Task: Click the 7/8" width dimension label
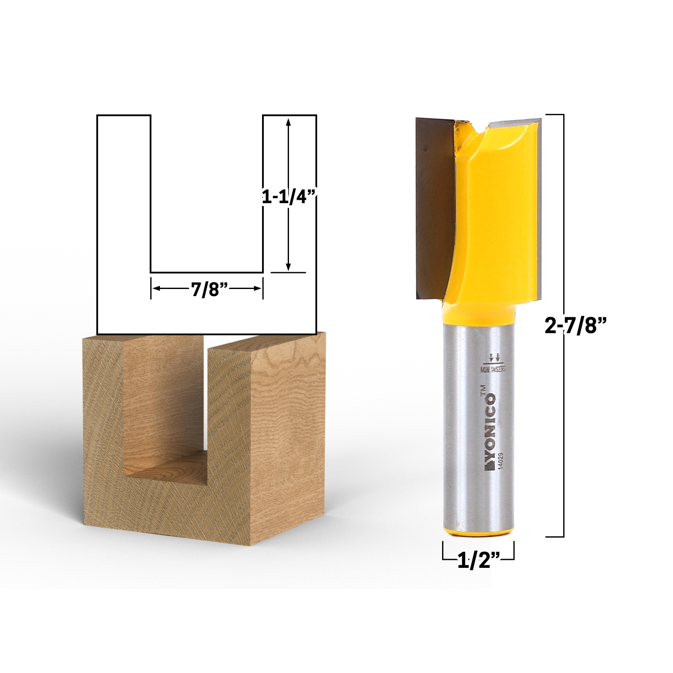point(209,290)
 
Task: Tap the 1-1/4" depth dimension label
point(289,196)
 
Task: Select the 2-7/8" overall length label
point(575,325)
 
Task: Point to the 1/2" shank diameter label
point(478,561)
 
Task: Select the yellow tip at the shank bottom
point(478,532)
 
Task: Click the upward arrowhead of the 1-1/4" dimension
point(288,122)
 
